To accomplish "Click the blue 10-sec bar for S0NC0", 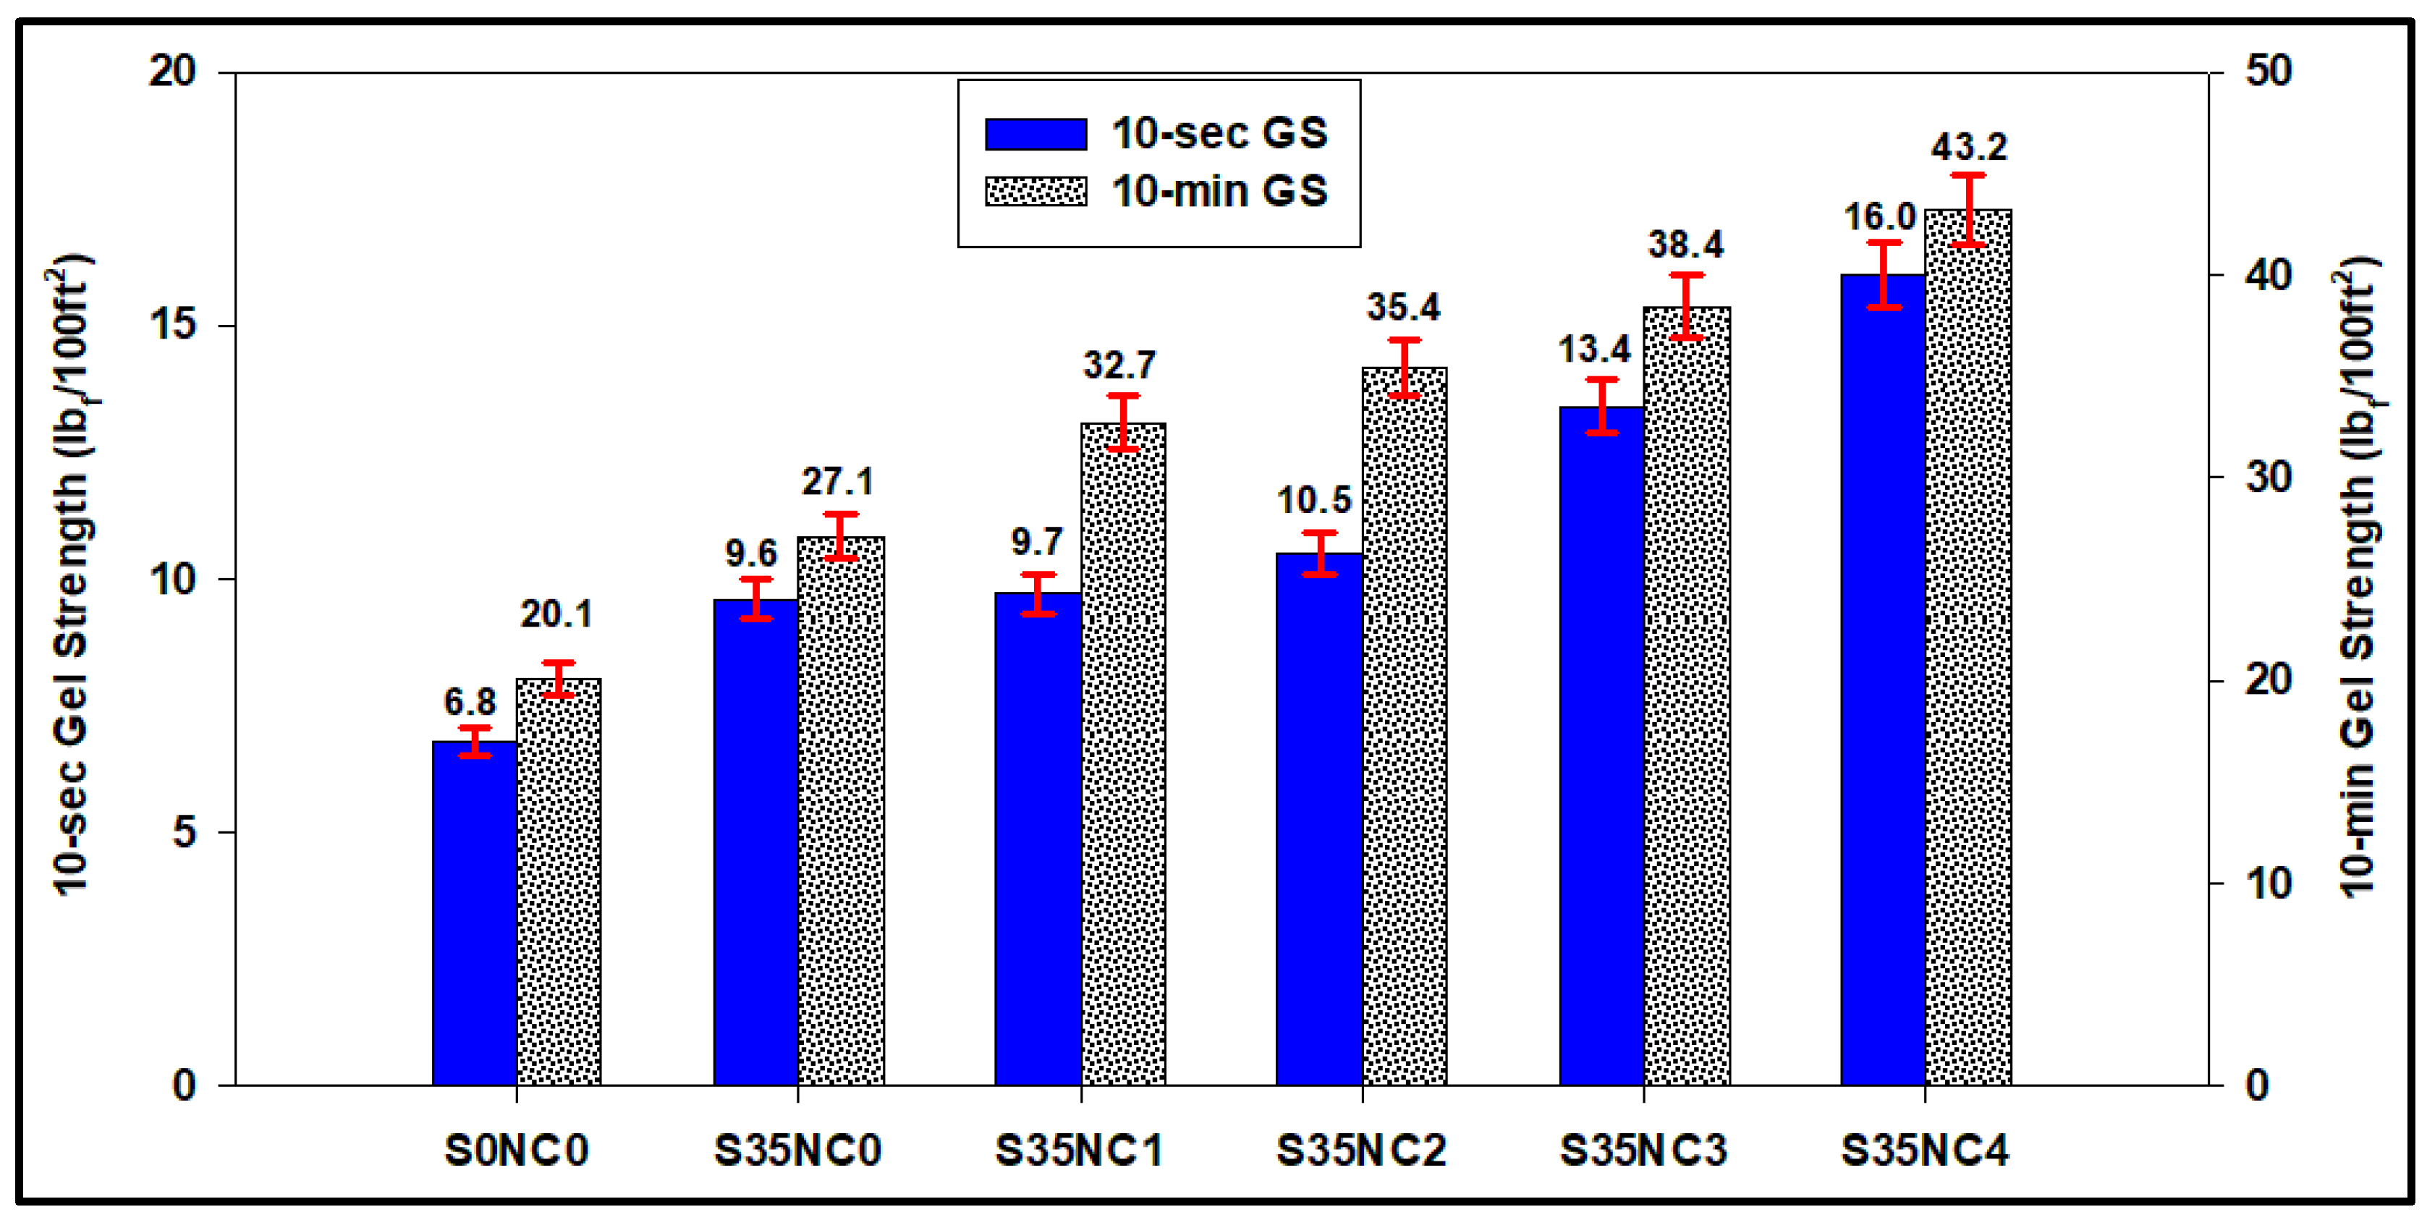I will coord(474,914).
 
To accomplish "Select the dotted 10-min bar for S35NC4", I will coord(1968,650).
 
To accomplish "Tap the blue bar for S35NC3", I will coord(1601,745).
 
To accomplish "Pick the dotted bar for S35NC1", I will coord(1123,754).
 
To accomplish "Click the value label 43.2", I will coord(1969,147).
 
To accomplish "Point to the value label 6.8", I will coord(469,702).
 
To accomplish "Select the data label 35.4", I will coord(1403,307).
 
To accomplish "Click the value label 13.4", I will coord(1593,350).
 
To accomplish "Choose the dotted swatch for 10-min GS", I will coord(1035,191).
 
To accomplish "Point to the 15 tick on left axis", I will coord(172,325).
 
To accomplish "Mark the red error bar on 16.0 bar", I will coord(1884,274).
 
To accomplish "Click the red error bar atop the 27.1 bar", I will coord(840,536).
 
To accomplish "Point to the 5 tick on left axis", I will coord(184,832).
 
